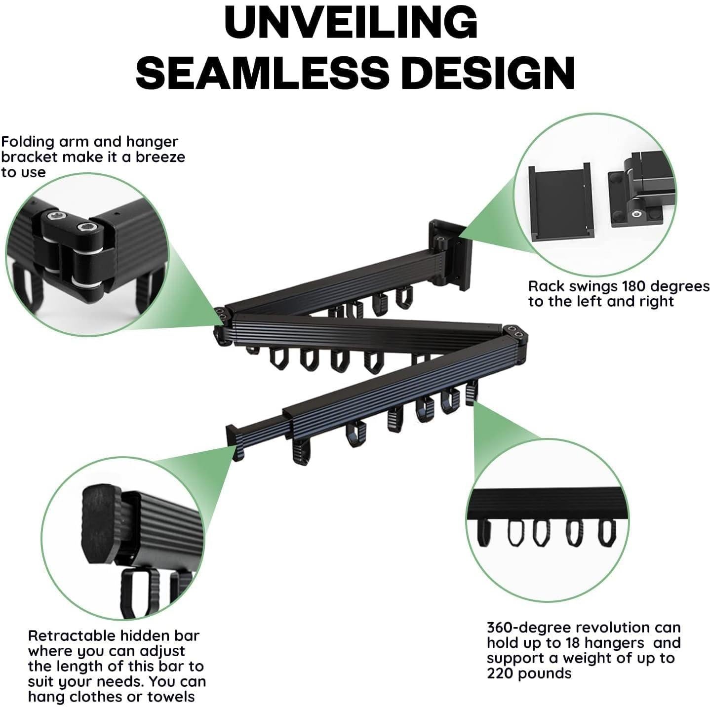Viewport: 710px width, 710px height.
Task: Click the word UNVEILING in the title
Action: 351,22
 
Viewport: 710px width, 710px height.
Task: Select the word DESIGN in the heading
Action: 486,72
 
